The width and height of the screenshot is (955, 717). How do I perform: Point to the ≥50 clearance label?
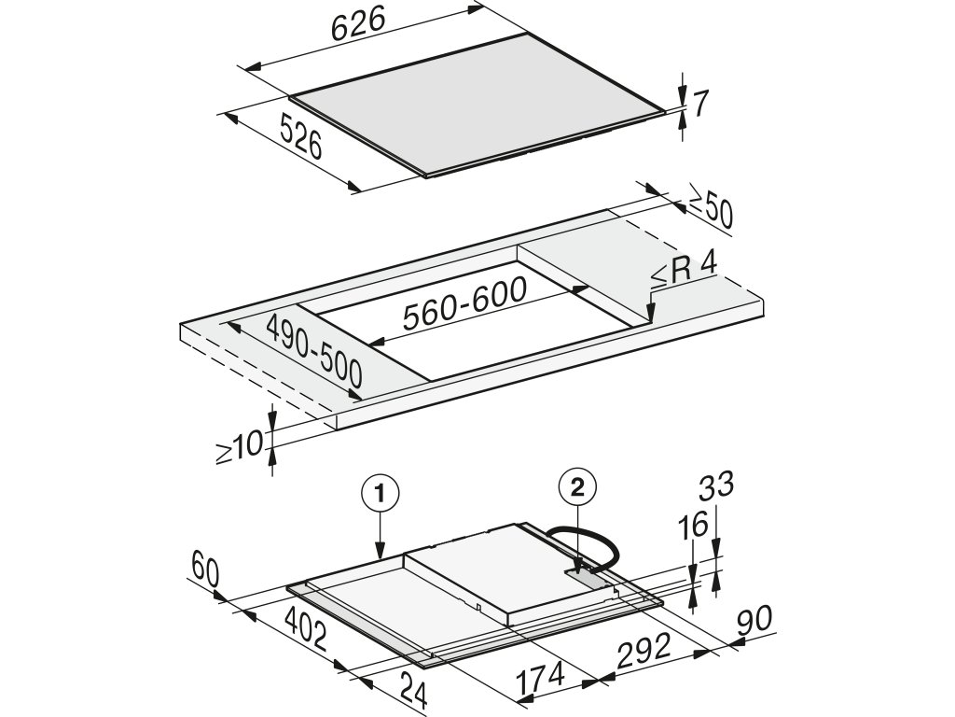[x=711, y=212]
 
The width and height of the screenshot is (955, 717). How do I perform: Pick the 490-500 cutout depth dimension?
[x=314, y=351]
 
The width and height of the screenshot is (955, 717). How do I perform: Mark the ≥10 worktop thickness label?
[x=240, y=447]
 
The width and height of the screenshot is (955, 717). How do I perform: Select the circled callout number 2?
[x=576, y=486]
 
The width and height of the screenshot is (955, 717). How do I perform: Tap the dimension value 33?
[x=714, y=485]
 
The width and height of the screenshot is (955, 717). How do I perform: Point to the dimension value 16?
[x=692, y=528]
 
